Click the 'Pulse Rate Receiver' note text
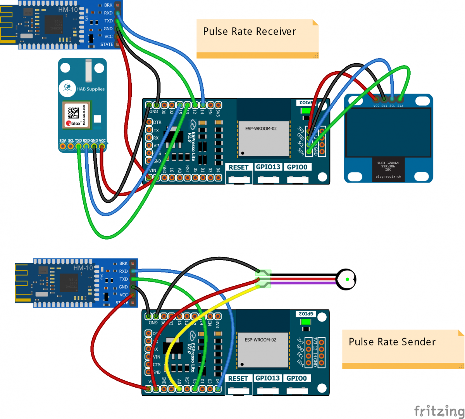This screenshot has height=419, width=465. (249, 31)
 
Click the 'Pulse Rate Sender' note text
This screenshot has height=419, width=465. (392, 342)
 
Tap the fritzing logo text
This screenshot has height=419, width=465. (439, 410)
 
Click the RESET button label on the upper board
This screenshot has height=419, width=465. (238, 167)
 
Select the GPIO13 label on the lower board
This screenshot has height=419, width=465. (267, 378)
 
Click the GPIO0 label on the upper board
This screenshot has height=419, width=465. (296, 167)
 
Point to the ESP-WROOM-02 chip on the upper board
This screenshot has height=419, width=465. (263, 138)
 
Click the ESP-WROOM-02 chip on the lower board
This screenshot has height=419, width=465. (263, 349)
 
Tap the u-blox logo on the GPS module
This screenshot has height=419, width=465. (74, 123)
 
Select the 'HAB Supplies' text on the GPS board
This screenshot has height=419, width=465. (90, 89)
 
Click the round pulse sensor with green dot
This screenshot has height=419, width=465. (346, 279)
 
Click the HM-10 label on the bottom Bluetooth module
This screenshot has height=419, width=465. (83, 268)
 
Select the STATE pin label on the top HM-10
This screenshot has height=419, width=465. (107, 45)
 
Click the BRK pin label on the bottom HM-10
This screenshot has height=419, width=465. (123, 264)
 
